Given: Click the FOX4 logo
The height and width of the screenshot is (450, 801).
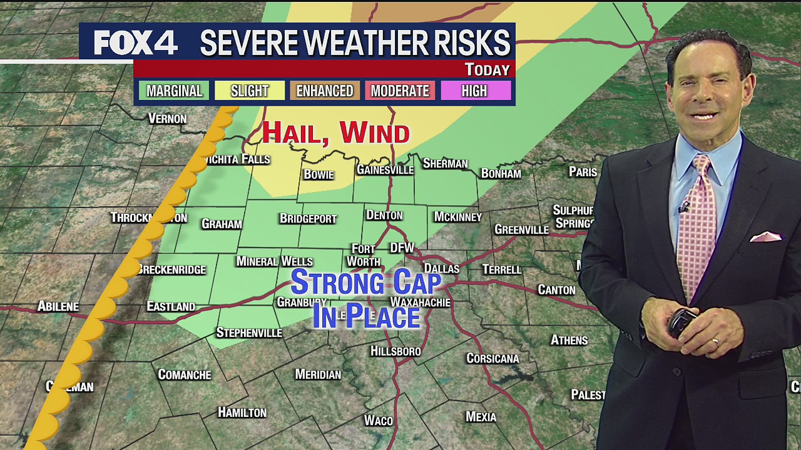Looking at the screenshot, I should (136, 43).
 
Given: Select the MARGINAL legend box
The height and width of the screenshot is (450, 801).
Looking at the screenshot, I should (174, 91).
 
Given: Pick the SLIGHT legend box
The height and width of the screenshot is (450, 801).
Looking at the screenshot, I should (250, 91).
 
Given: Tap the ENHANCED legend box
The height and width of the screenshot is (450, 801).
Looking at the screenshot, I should (325, 91).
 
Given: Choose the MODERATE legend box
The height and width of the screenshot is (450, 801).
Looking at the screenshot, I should (400, 91).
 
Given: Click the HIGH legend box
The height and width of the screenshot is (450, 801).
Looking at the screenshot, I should (474, 91).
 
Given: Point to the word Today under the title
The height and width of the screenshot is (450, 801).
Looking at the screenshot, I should (487, 69).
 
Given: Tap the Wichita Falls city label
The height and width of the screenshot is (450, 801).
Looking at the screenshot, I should (237, 159).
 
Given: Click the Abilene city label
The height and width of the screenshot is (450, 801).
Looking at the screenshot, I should (58, 306).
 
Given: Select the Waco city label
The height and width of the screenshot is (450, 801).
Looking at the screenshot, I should (379, 421).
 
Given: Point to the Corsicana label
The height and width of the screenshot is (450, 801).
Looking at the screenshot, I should (492, 359).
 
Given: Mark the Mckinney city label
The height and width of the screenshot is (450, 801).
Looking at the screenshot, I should (457, 217).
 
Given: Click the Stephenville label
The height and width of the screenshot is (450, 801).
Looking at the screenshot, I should (249, 332).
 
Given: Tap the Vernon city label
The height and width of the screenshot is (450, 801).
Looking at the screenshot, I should (167, 119).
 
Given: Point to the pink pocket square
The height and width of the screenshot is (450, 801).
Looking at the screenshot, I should (765, 236).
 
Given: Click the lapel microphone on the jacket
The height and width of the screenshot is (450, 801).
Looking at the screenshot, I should (684, 206).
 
